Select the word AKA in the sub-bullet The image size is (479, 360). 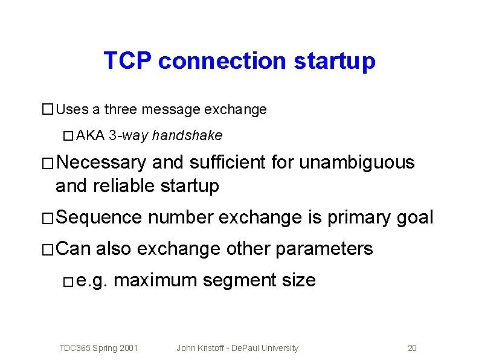[91, 135]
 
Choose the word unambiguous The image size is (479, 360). [357, 162]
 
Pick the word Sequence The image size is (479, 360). [98, 217]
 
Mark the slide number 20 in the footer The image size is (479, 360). [412, 348]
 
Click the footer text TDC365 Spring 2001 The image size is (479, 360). [98, 348]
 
